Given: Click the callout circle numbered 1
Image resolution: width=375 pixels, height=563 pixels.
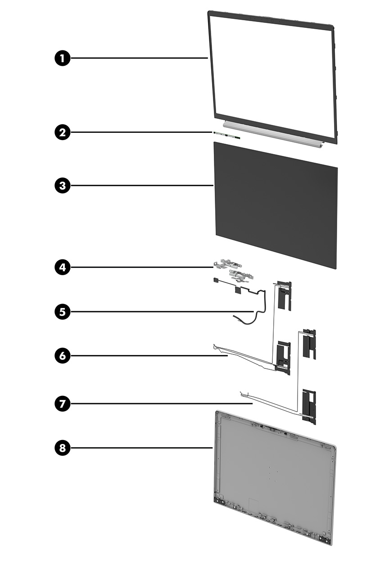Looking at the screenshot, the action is tap(63, 58).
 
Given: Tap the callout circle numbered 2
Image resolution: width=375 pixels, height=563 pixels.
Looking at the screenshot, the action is tap(63, 132).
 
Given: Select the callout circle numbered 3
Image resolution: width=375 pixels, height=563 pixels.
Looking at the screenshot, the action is tap(63, 186).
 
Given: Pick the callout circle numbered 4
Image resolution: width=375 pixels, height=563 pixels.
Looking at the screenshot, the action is tap(63, 267).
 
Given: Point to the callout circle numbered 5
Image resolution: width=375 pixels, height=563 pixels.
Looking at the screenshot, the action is tap(63, 312).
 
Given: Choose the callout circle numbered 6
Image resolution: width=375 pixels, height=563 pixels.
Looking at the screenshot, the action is tap(63, 356).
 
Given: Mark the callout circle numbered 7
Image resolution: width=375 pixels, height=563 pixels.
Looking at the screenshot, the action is tap(63, 404).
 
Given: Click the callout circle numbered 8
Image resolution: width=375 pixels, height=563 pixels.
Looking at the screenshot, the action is tap(63, 448).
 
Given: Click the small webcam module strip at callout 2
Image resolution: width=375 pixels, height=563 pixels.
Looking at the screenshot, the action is tap(227, 135).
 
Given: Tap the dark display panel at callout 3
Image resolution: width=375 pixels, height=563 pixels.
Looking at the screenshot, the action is tap(276, 205).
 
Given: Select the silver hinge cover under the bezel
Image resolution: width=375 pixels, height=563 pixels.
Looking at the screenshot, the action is tap(272, 135).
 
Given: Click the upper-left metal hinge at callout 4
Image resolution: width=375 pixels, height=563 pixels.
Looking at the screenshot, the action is tap(227, 264).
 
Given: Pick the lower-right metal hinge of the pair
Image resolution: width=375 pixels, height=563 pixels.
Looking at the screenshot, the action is tap(241, 276).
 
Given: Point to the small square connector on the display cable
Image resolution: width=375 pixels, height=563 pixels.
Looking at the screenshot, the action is tap(215, 280).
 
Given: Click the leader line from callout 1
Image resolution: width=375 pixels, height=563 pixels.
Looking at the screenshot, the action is tap(139, 58).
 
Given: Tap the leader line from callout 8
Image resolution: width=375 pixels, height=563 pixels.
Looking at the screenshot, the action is tap(141, 448).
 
